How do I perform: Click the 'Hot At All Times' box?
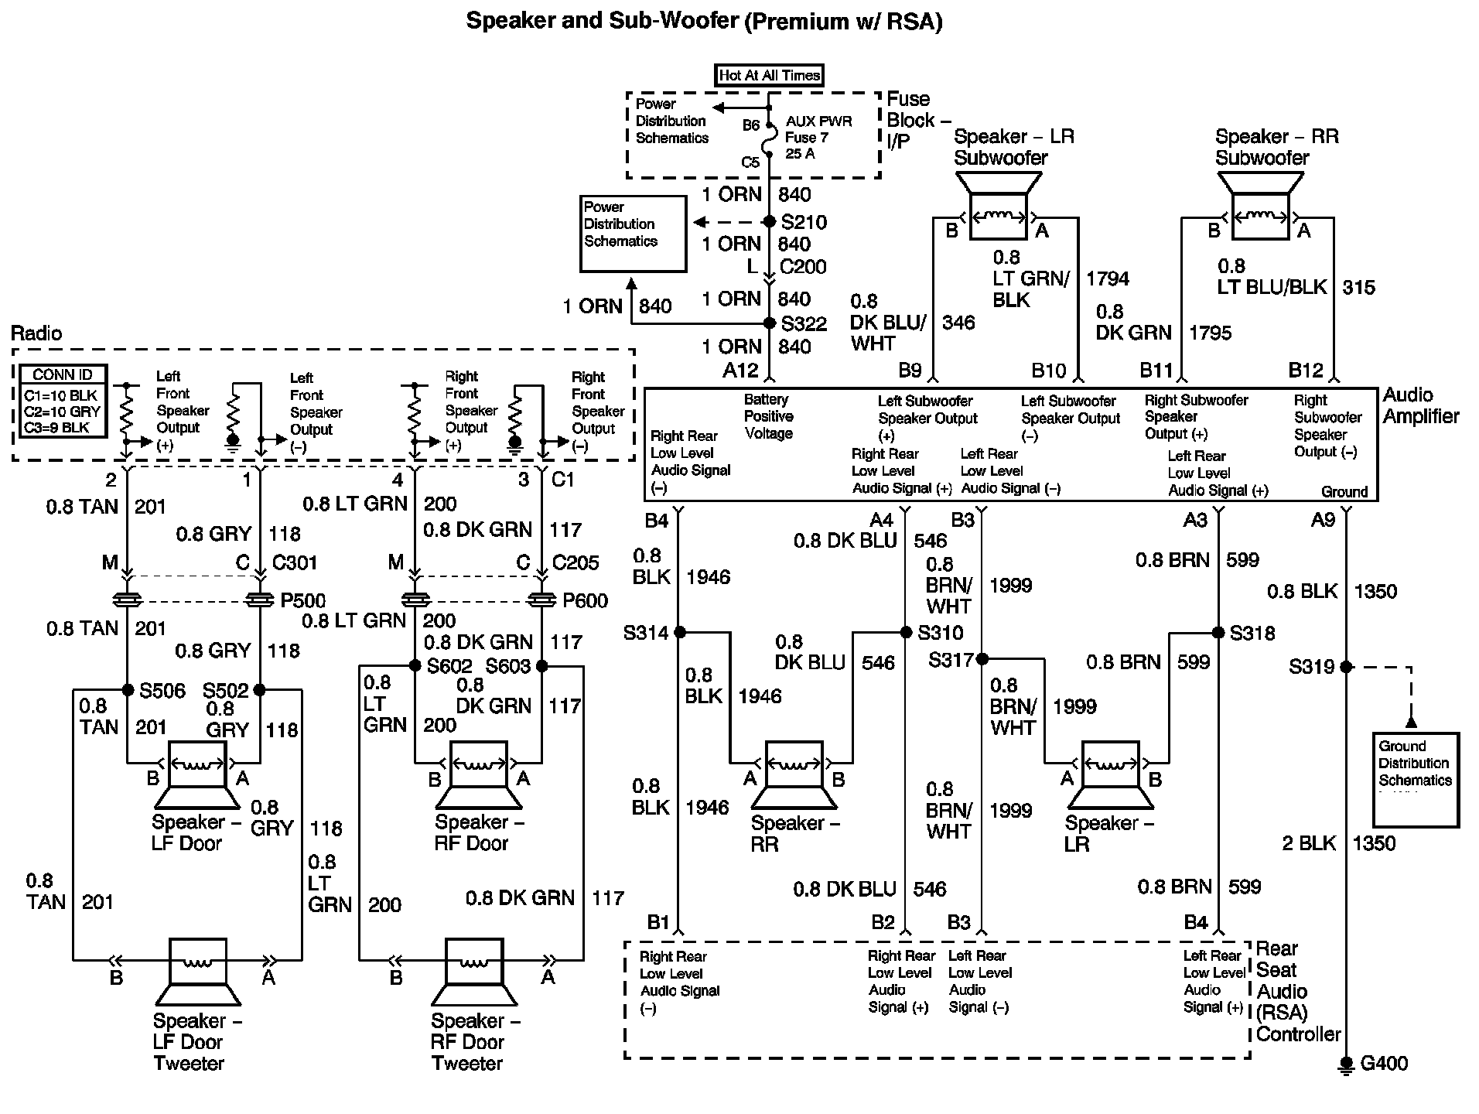click(768, 75)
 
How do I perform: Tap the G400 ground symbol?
click(1347, 1064)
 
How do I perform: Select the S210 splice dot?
click(770, 222)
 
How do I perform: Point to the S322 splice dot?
click(770, 323)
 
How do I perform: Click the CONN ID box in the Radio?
click(62, 401)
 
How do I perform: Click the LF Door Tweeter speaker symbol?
click(198, 971)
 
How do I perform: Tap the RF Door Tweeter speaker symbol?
click(473, 971)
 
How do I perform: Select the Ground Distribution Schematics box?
click(1416, 779)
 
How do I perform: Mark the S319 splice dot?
click(1347, 667)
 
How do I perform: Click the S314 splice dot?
click(680, 633)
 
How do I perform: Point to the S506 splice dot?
click(128, 690)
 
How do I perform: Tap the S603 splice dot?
click(541, 666)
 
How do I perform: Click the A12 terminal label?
click(740, 371)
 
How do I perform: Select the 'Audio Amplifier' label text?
click(1420, 405)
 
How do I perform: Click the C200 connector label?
click(803, 267)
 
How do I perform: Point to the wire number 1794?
click(1108, 278)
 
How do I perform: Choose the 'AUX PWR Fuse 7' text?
click(818, 130)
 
